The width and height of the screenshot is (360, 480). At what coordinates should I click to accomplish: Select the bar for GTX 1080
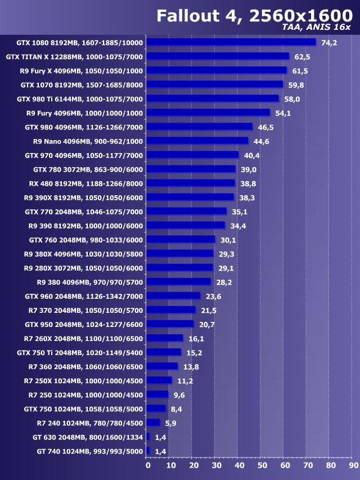pos(231,42)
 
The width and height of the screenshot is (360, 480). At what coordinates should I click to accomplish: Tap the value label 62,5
pos(302,56)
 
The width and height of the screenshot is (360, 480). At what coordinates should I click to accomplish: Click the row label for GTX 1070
pos(82,84)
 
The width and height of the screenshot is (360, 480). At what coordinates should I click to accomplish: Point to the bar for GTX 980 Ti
pos(212,98)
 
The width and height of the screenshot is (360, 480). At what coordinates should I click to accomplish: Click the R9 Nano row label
pos(88,141)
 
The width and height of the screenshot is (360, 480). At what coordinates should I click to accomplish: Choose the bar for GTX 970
pos(192,155)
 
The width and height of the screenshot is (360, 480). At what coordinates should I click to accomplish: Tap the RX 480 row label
pos(86,183)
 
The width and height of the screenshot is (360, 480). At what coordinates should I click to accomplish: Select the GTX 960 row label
pos(84,296)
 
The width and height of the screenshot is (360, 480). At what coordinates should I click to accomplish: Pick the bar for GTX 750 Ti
pos(163,352)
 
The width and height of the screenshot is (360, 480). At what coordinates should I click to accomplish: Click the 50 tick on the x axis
pos(262,465)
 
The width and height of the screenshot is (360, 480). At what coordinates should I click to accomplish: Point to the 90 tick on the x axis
pos(353,465)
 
